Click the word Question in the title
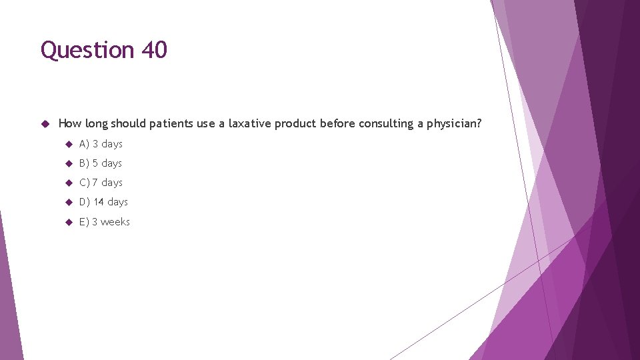(x=87, y=51)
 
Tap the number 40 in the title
(x=154, y=50)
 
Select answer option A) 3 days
(x=101, y=144)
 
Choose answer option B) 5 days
(x=101, y=163)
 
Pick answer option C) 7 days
(x=101, y=183)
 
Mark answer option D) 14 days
(x=103, y=202)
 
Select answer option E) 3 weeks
(x=105, y=222)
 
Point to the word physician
(x=454, y=124)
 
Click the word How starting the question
(x=69, y=123)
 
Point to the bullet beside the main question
(x=46, y=124)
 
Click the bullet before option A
(x=69, y=144)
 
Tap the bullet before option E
(x=69, y=222)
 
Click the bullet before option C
(x=69, y=183)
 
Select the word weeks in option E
(x=115, y=222)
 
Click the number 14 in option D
(x=99, y=202)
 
